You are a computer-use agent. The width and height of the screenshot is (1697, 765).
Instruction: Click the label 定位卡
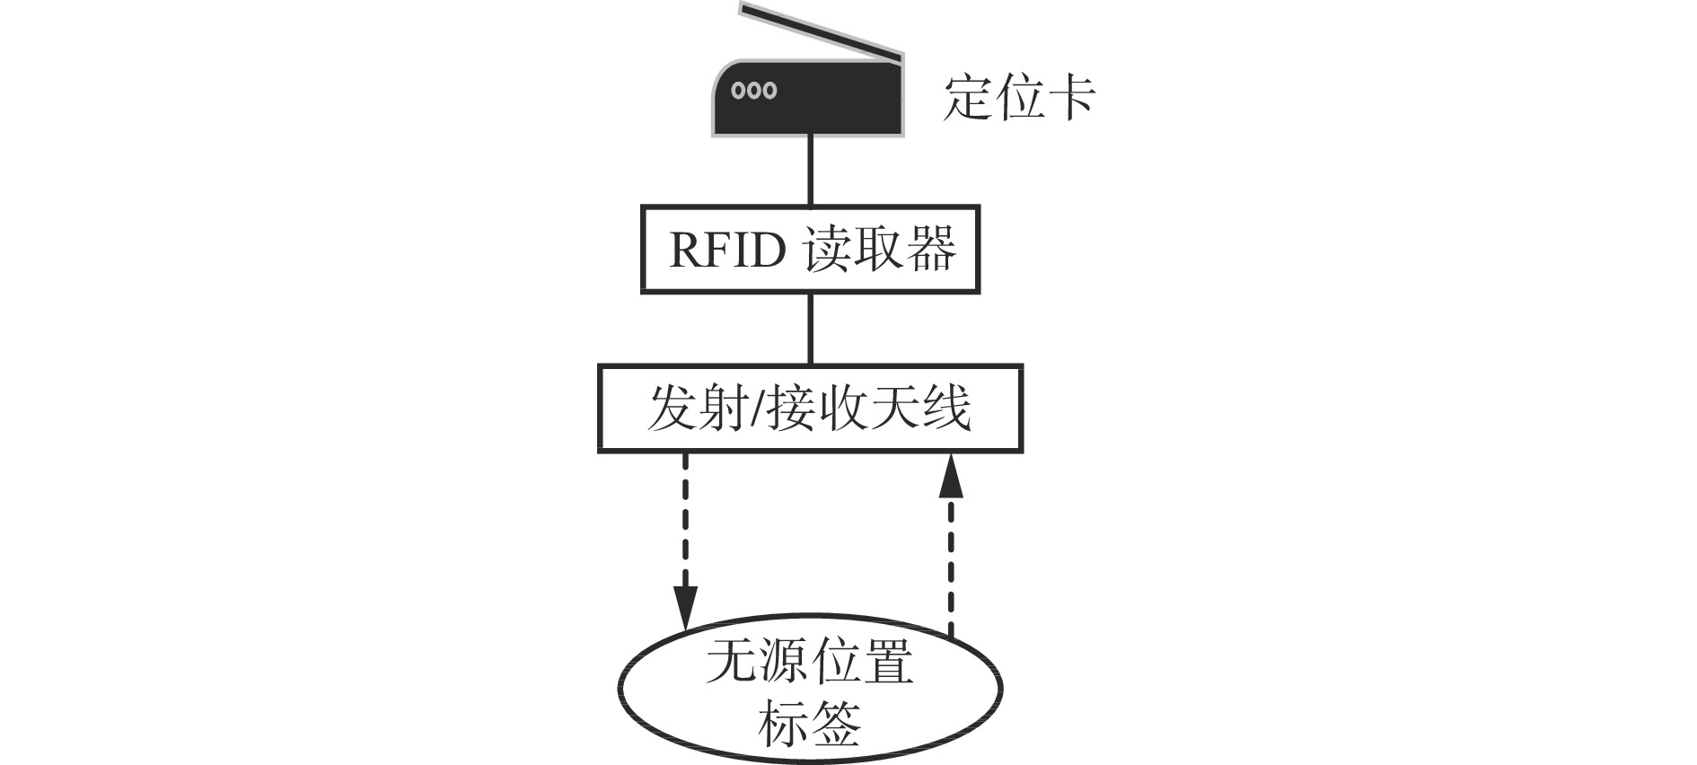tap(1018, 97)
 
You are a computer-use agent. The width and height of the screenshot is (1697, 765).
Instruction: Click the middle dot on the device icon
tap(754, 91)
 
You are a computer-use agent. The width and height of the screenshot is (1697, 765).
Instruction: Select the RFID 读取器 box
tap(810, 249)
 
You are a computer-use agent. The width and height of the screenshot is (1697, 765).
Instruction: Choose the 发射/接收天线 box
tap(810, 408)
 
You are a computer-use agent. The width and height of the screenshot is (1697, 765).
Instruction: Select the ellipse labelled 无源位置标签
tap(810, 690)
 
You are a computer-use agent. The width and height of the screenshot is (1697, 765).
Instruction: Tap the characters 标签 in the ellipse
tap(810, 724)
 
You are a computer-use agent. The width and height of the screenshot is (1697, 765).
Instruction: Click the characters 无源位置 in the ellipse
tap(810, 663)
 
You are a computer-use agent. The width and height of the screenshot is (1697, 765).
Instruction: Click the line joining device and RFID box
tap(811, 171)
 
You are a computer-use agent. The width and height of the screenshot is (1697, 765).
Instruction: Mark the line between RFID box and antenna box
tap(811, 328)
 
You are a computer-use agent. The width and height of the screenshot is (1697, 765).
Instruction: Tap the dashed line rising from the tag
tap(951, 566)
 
